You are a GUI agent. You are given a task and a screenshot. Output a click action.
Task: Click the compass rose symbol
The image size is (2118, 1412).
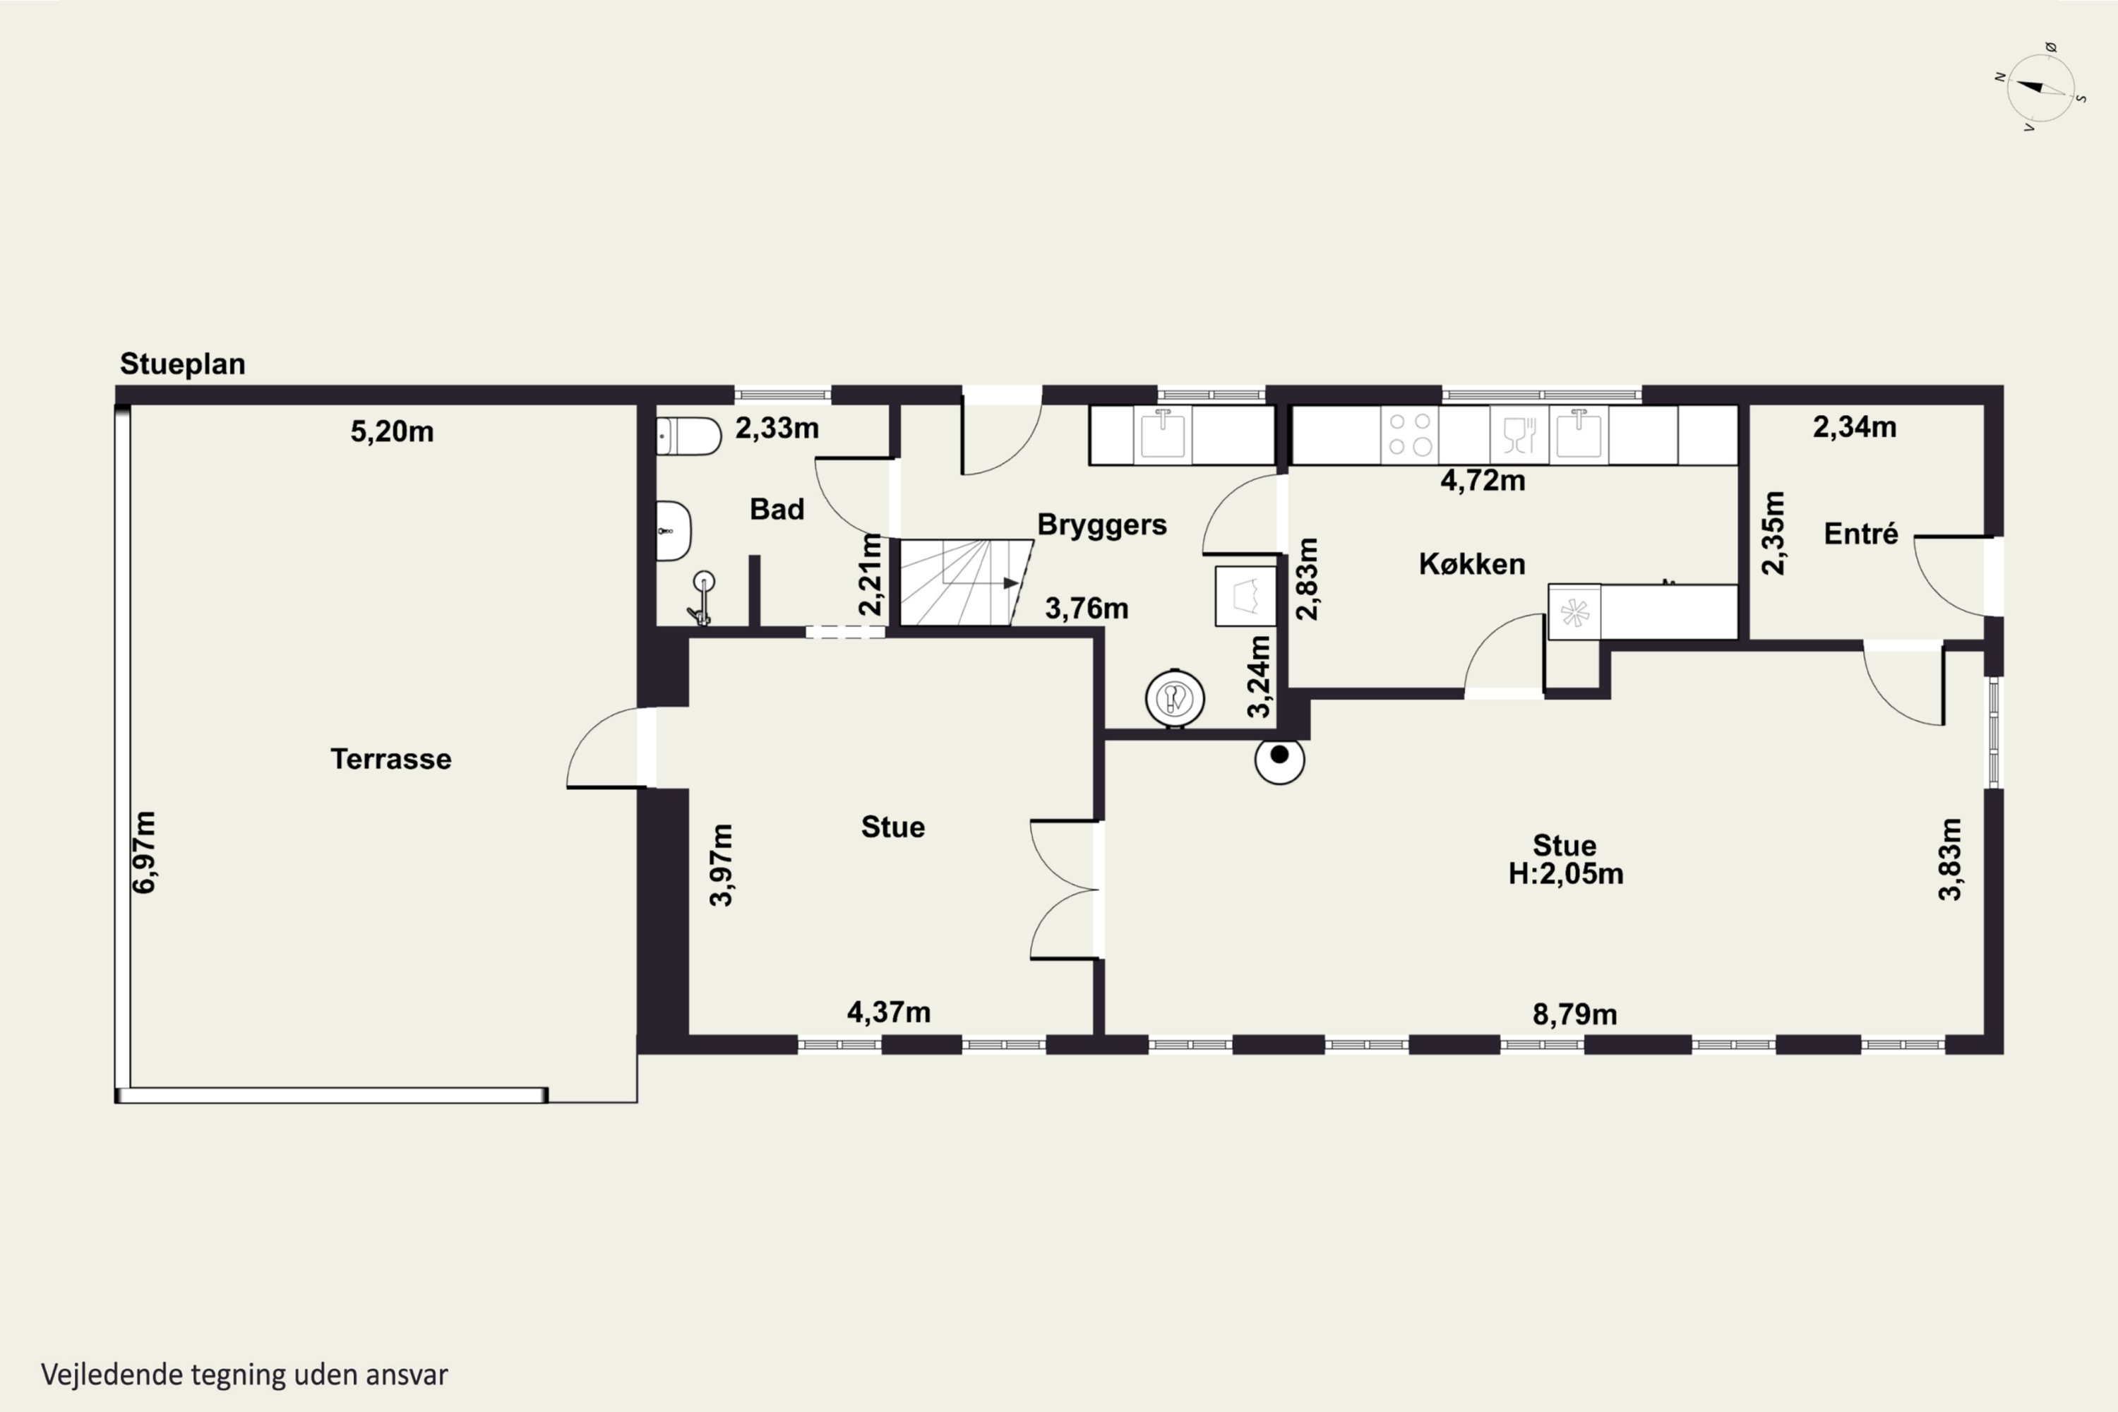(2040, 88)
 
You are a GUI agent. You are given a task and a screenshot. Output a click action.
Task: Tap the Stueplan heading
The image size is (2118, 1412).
(183, 364)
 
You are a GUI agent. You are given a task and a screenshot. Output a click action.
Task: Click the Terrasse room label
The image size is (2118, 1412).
(391, 758)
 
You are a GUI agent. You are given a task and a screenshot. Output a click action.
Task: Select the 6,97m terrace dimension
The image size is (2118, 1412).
(144, 852)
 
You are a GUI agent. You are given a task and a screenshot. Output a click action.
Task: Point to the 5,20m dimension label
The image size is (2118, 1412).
(392, 431)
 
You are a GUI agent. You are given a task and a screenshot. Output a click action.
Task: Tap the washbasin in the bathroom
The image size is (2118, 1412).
(673, 532)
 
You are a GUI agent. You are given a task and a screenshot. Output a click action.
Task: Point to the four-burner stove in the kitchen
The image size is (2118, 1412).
(1409, 434)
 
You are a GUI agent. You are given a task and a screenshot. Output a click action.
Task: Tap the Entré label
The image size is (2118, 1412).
(1860, 533)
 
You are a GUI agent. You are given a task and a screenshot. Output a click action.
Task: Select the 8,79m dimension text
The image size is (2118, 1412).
(1574, 1015)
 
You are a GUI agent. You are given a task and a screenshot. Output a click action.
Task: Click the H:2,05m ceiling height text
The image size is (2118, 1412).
(1566, 873)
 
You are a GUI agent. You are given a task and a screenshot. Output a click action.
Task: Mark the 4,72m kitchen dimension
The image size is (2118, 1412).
(1482, 481)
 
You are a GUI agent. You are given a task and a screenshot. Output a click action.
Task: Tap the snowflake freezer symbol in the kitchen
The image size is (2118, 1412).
(1574, 614)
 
